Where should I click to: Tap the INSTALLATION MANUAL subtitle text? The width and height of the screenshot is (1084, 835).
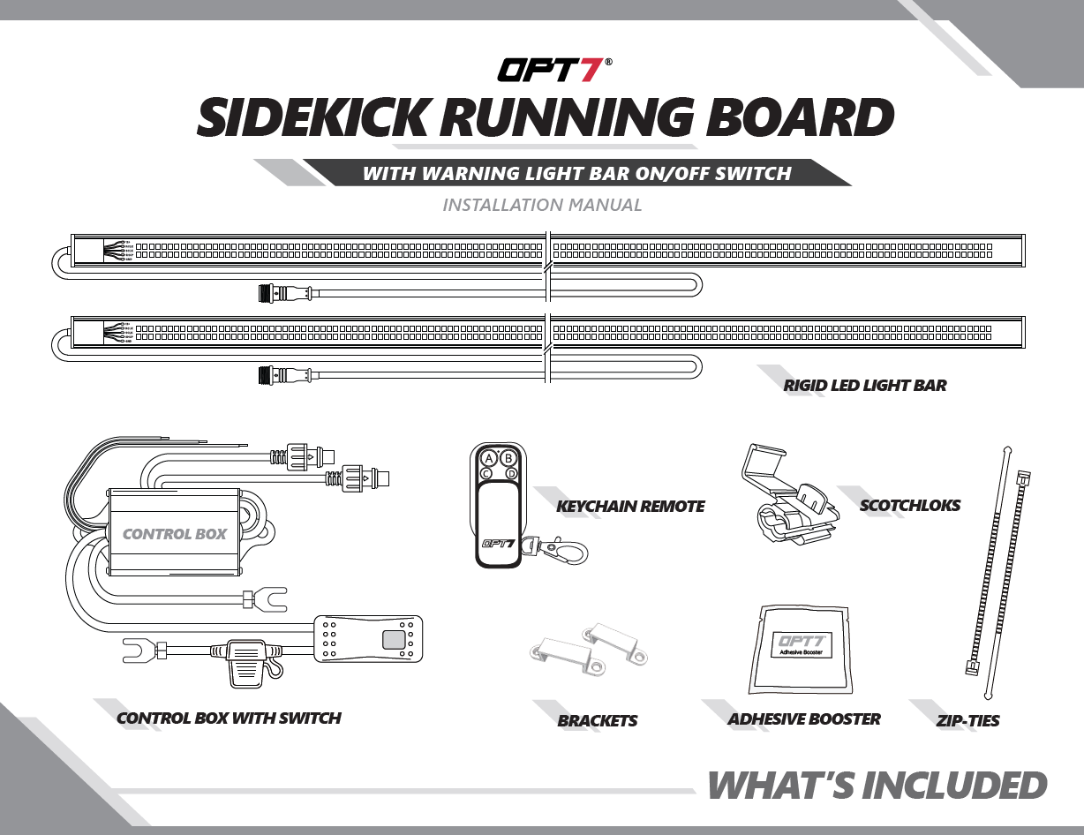coord(542,206)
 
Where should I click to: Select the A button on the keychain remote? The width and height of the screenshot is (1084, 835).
coord(487,458)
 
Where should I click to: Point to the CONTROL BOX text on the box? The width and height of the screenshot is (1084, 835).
coord(175,534)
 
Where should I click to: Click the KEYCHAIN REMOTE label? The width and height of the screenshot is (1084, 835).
coord(630,507)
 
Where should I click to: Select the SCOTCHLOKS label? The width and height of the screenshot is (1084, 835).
coord(909,506)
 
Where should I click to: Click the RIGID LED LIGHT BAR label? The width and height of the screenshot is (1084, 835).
coord(864,386)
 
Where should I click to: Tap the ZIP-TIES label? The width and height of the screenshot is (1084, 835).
coord(967,721)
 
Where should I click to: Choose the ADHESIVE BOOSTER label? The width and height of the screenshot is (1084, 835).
coord(803,719)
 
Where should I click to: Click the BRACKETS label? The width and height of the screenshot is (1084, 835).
coord(597,721)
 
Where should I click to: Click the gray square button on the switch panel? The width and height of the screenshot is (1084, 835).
coord(393,640)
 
